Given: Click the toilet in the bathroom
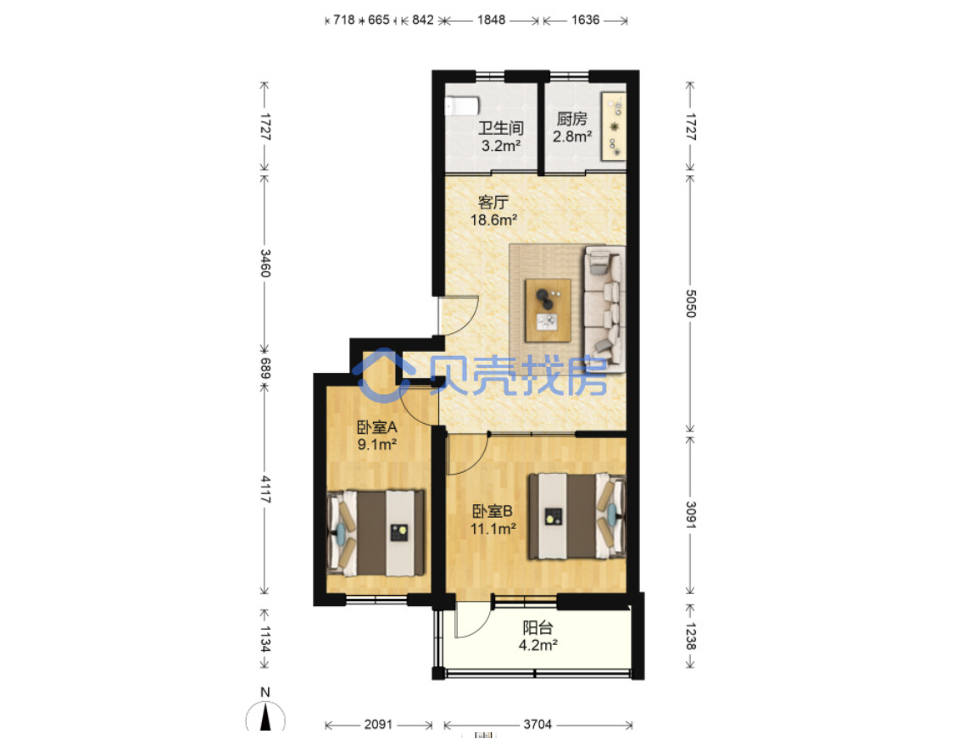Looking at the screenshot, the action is [463, 106].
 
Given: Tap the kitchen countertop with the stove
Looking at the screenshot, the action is [614, 126].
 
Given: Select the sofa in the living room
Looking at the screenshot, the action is [604, 309].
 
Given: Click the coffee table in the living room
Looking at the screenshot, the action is [548, 310].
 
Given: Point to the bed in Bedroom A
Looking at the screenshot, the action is [376, 533].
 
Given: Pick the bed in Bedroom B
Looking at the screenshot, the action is [577, 516].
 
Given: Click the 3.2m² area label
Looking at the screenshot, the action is [501, 146].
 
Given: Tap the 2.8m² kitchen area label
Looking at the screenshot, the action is [572, 136].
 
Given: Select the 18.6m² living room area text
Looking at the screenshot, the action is [493, 220].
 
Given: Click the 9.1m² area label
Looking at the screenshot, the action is [377, 445].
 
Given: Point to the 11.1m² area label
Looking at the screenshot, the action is [493, 528].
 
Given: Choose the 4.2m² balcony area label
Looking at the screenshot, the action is [537, 645].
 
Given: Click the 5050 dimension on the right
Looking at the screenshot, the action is [690, 303].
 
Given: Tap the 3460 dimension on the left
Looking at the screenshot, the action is [265, 264].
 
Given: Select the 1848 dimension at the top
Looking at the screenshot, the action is [491, 20].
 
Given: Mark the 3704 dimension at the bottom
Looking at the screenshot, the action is [537, 725].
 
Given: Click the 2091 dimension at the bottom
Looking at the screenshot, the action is [378, 725].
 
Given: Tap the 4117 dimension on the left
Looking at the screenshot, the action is [265, 489].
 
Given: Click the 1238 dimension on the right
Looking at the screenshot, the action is [690, 636].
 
